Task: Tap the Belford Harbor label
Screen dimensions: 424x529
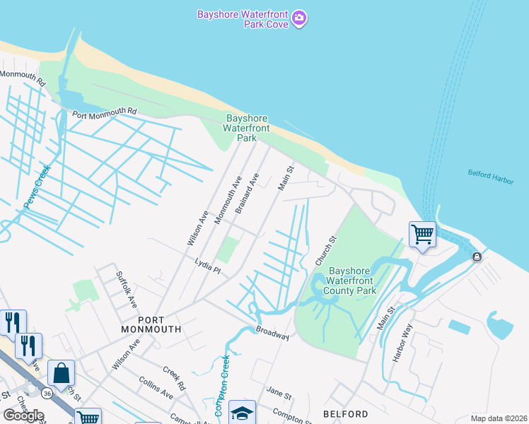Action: (490, 176)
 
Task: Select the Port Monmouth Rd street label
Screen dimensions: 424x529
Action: (103, 112)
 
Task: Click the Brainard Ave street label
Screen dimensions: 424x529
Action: (248, 192)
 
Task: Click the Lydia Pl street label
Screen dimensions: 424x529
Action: (209, 267)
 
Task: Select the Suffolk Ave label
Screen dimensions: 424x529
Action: (127, 290)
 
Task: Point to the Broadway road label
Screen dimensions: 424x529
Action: (272, 333)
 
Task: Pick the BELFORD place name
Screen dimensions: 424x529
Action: (345, 414)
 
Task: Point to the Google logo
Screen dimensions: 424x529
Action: (23, 415)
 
